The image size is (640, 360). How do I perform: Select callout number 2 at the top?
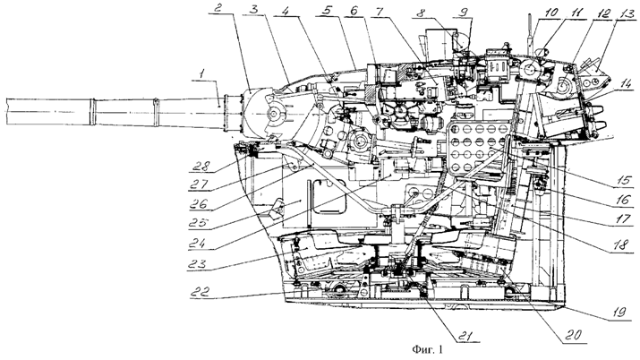(218, 8)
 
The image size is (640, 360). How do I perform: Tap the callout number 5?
(326, 11)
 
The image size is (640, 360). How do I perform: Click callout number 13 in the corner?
(625, 14)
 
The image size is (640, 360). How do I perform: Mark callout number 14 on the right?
(626, 84)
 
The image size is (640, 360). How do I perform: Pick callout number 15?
(625, 180)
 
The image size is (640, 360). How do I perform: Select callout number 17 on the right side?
(624, 219)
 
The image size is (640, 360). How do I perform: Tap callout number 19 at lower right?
(619, 313)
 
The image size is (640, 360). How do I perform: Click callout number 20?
(573, 334)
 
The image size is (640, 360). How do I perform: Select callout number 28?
(201, 166)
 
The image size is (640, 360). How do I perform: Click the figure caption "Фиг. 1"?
(427, 350)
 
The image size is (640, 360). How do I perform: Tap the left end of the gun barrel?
(6, 111)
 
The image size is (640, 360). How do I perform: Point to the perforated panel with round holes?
(477, 148)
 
